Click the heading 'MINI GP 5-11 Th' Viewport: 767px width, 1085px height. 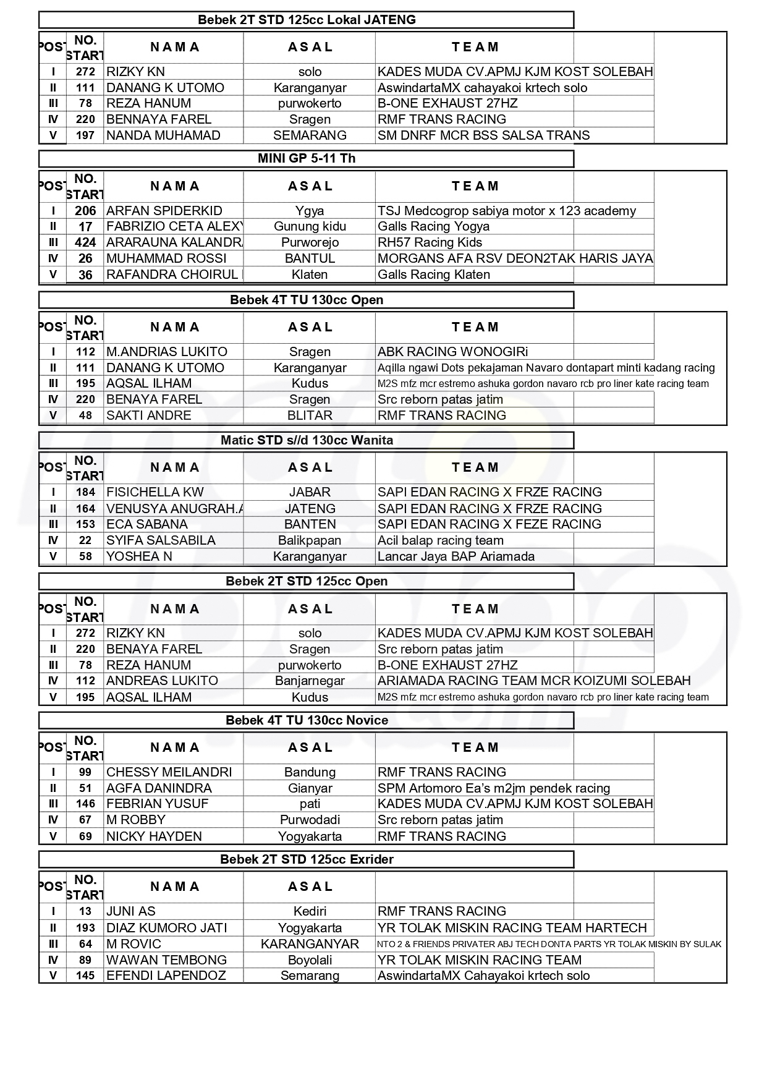pyautogui.click(x=306, y=158)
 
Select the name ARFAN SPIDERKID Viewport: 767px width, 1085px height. pyautogui.click(x=164, y=211)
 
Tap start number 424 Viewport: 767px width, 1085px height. pyautogui.click(x=85, y=242)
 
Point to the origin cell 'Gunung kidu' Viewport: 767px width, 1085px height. pyautogui.click(x=310, y=226)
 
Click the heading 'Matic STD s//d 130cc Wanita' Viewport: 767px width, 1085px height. pyautogui.click(x=307, y=440)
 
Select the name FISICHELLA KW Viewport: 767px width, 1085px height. pyautogui.click(x=155, y=492)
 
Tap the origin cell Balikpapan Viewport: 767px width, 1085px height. pyautogui.click(x=310, y=540)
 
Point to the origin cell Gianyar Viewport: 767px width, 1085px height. pyautogui.click(x=310, y=788)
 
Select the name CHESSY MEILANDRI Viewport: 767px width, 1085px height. pyautogui.click(x=169, y=772)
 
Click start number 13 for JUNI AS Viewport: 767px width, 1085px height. pyautogui.click(x=85, y=911)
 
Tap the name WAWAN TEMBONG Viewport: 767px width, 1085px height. pyautogui.click(x=166, y=960)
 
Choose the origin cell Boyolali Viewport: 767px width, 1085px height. pyautogui.click(x=310, y=960)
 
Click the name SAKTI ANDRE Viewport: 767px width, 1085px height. pyautogui.click(x=148, y=415)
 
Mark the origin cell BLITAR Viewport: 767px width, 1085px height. pyautogui.click(x=310, y=415)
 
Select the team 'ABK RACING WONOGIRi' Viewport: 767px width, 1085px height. pyautogui.click(x=452, y=352)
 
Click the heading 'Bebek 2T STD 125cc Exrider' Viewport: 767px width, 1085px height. pyautogui.click(x=307, y=859)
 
